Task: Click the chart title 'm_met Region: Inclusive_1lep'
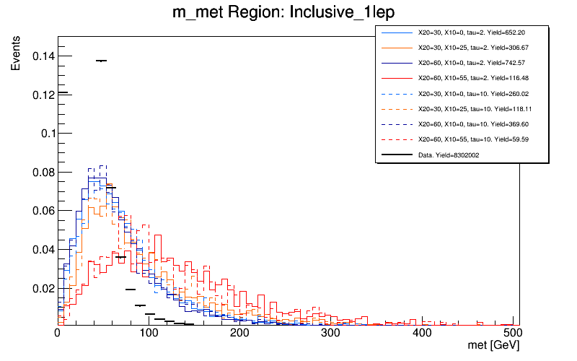click(x=288, y=12)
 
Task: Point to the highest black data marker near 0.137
click(x=102, y=61)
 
